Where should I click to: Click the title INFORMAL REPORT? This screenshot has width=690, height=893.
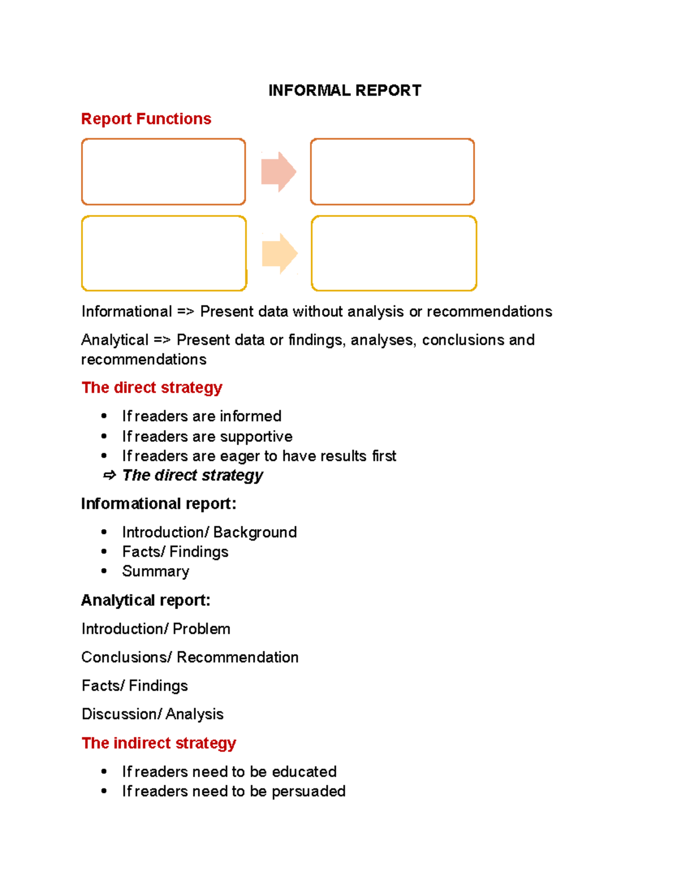click(344, 90)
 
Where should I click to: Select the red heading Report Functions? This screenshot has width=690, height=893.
click(146, 118)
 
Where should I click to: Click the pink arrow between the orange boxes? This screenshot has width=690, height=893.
click(278, 172)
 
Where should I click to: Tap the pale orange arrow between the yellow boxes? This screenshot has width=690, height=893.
click(279, 254)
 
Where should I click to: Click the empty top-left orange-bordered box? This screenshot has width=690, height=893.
click(163, 172)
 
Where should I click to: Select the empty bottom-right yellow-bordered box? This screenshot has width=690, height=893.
click(394, 254)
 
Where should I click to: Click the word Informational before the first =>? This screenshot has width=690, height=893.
click(126, 312)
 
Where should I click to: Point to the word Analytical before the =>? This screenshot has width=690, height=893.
click(115, 340)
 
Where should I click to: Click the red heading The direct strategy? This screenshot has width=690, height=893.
click(152, 388)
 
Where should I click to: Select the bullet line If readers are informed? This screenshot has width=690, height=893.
click(201, 416)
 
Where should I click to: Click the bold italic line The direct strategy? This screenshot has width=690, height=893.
click(192, 475)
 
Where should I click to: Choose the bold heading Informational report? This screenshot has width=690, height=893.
click(159, 504)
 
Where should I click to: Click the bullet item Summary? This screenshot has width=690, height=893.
click(155, 571)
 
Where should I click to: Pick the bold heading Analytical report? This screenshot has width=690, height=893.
click(145, 600)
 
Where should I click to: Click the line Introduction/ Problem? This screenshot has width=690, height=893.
click(156, 628)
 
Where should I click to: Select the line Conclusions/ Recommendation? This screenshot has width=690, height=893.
click(190, 657)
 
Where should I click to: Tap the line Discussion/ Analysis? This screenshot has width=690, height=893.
click(152, 714)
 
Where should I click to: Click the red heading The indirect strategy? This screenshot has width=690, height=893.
click(159, 743)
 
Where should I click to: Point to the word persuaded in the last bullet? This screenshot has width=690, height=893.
click(308, 791)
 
